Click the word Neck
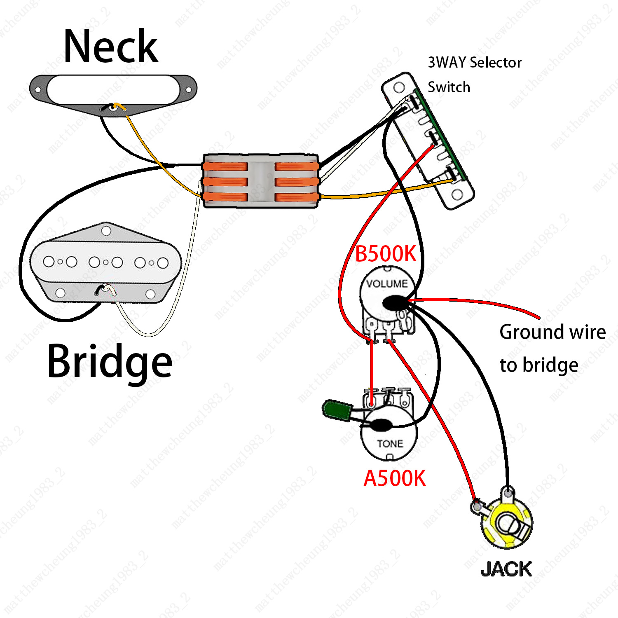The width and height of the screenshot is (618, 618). (x=111, y=47)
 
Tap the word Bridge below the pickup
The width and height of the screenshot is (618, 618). (x=110, y=362)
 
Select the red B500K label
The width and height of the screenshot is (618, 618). (x=386, y=254)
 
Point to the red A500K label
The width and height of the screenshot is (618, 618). (x=395, y=478)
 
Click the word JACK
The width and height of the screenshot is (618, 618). (x=506, y=569)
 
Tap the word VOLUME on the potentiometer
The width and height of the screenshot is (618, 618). (x=387, y=283)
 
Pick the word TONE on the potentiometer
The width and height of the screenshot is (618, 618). (x=390, y=444)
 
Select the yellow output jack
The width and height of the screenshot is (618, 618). (x=507, y=524)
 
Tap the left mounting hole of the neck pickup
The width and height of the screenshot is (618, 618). (x=37, y=89)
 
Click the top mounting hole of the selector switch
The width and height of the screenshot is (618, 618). (x=399, y=87)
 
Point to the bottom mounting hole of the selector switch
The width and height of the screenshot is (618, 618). (x=457, y=194)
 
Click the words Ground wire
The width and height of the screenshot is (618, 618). (x=552, y=332)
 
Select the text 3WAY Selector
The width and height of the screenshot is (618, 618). (x=475, y=63)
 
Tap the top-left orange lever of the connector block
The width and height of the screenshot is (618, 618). (x=225, y=167)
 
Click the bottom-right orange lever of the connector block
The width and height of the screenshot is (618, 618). (x=296, y=197)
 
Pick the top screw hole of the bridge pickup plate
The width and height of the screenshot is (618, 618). (x=106, y=231)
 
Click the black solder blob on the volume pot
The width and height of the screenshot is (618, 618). (x=394, y=303)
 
